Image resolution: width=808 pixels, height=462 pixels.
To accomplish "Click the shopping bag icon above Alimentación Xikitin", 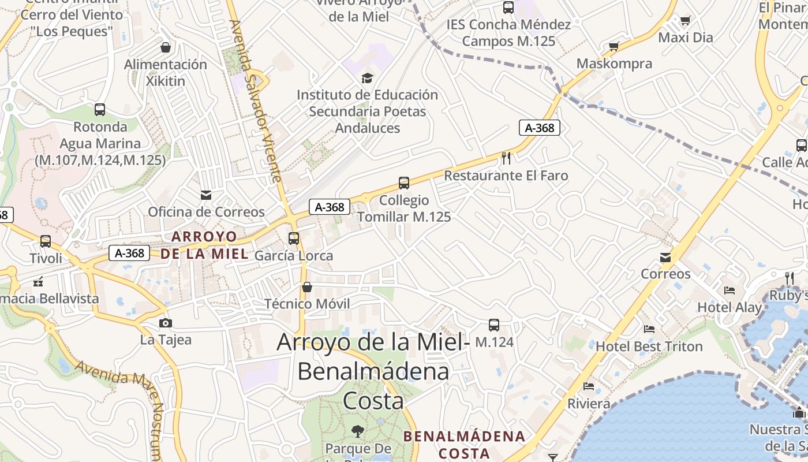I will pos(166,47).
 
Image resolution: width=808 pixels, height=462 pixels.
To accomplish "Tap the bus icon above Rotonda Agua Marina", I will pos(100,110).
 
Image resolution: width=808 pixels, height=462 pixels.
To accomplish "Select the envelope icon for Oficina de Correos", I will pos(206,195).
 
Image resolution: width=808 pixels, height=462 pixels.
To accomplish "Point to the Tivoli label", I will pos(46,258).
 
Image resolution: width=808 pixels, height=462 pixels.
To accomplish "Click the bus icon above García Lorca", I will pos(294,238).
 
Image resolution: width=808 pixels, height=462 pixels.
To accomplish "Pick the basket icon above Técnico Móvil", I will pos(307,287).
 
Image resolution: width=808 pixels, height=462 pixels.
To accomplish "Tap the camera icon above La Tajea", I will pos(166,323).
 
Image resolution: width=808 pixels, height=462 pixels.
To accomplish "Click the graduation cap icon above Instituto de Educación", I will pos(367,78).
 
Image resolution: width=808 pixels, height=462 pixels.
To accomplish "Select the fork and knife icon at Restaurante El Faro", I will pos(506,158).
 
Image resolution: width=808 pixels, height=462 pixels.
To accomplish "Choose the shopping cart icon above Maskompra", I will pos(614,47).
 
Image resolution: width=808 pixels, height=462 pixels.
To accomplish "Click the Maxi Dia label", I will pos(686,38).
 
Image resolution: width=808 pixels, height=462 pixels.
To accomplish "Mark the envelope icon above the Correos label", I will pos(665,257).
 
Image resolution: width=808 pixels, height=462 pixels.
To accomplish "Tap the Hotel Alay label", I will pos(730,307).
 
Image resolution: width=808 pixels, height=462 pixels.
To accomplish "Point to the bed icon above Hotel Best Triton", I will pos(649,329).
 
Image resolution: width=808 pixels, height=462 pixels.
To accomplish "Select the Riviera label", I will pos(589,403).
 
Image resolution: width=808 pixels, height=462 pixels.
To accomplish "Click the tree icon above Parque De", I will pos(358,430).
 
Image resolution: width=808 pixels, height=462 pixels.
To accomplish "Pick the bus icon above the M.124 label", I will pos(494,325).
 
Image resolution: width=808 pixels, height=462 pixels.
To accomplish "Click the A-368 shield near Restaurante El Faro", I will pos(540,128).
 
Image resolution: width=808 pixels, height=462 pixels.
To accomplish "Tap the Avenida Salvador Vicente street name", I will pos(256,101).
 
